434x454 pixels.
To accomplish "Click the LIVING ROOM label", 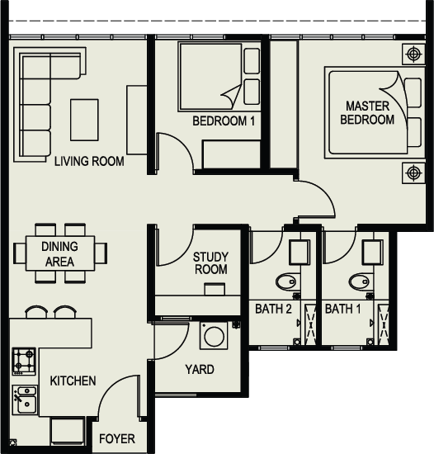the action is (89, 161).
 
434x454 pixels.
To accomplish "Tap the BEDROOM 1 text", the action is (224, 121).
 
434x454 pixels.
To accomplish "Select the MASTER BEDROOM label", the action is (367, 113).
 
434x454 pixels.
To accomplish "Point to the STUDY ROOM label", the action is (210, 263).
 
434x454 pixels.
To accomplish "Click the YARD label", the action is (200, 370).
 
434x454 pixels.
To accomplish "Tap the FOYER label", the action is (117, 438).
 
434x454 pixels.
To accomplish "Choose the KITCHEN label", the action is (73, 381).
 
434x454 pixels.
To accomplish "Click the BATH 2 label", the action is (273, 309).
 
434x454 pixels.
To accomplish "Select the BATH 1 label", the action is (343, 309).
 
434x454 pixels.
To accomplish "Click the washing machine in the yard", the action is (214, 336).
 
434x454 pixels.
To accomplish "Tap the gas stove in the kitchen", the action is (24, 362).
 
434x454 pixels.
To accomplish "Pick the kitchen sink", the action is (25, 400).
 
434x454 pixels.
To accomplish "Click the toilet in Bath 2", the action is (286, 281).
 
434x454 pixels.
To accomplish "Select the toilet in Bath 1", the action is (359, 281).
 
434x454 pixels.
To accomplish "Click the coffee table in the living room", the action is (84, 120).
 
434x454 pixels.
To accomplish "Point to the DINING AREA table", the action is (60, 253).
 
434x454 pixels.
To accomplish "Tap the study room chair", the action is (215, 289).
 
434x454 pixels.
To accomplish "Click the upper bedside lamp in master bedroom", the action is (413, 54).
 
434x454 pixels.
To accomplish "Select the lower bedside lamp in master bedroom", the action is (413, 173).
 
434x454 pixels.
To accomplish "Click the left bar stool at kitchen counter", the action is (36, 311).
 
